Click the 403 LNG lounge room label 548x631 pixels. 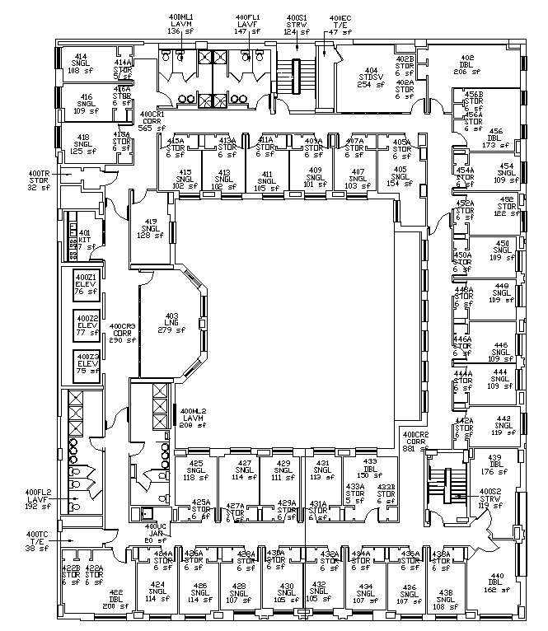coord(171,323)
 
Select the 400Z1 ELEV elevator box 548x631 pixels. coord(87,284)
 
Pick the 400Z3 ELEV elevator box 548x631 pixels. coord(87,362)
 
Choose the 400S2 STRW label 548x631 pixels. coord(490,499)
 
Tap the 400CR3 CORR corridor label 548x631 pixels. coord(121,333)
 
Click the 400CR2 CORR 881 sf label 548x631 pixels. coord(415,442)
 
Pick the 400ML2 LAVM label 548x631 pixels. coord(195,418)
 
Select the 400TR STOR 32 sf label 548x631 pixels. coord(39,180)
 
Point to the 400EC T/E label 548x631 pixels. coord(340,25)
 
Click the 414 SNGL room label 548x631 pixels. coord(80,64)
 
